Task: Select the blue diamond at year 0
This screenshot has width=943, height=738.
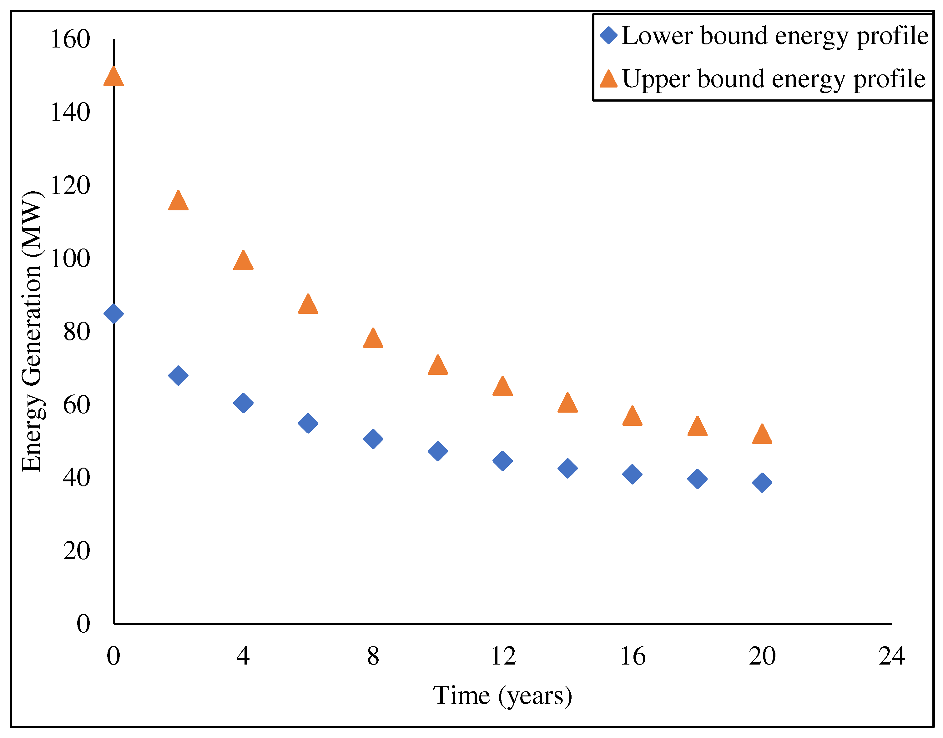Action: tap(114, 314)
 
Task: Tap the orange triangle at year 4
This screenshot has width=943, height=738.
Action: tap(243, 261)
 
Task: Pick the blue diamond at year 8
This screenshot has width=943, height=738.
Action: tap(373, 439)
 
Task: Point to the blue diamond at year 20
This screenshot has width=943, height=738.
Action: tap(762, 483)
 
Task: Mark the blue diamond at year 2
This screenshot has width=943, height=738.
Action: tap(178, 375)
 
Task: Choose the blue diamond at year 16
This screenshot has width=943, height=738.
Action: tap(632, 474)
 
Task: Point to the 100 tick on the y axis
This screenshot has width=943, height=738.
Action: tap(70, 259)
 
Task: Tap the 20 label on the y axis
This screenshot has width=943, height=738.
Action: tap(77, 551)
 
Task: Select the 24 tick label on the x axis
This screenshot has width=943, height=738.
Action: tap(892, 656)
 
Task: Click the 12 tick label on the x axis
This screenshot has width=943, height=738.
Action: tap(503, 656)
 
